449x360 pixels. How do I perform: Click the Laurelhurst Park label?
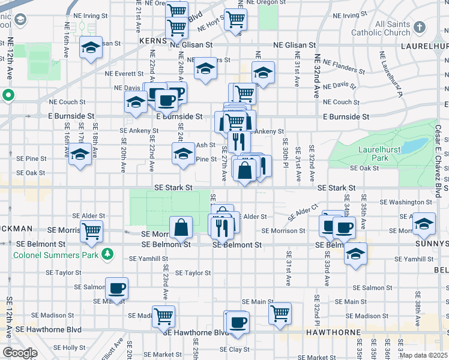point(376,153)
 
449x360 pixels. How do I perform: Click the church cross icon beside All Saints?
point(419,27)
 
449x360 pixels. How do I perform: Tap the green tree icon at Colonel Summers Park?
point(107,254)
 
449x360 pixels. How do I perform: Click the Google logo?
point(20,353)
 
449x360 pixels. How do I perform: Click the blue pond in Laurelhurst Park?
point(415,146)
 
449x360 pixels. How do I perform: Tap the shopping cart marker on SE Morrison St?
point(92,230)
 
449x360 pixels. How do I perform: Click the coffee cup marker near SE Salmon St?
point(117,288)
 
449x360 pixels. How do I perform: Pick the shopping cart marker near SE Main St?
point(280,313)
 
